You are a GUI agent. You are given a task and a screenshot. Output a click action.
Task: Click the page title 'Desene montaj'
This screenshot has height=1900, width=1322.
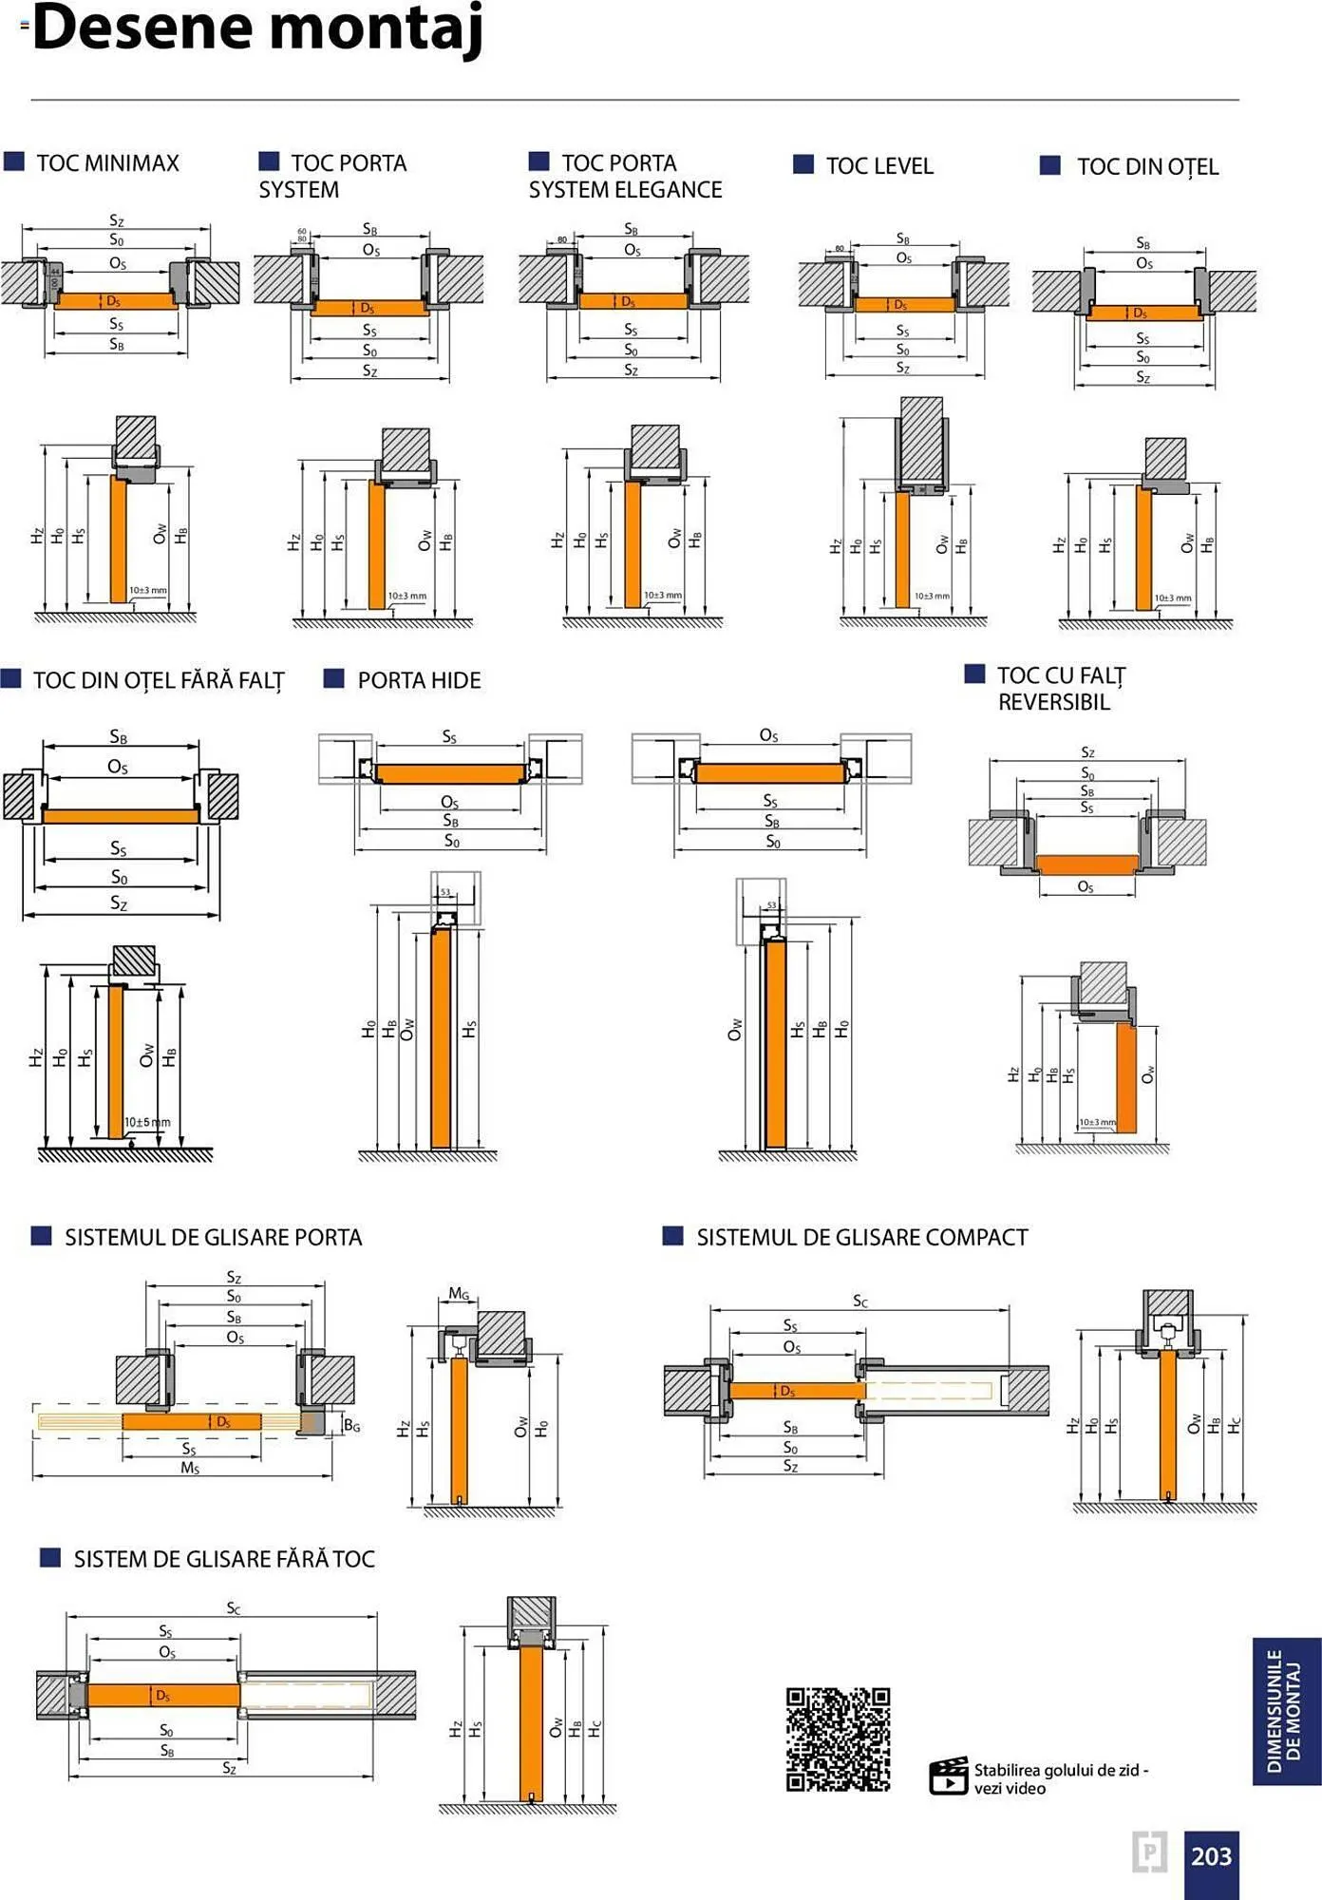[x=257, y=28]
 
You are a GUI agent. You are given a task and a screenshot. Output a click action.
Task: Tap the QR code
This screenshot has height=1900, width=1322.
[x=838, y=1738]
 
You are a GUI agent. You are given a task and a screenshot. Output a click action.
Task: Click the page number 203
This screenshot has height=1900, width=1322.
[x=1211, y=1856]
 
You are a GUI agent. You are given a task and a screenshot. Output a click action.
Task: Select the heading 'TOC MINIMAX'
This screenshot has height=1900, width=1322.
[x=107, y=163]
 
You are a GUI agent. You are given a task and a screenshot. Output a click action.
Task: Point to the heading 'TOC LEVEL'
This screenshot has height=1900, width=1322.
[x=879, y=166]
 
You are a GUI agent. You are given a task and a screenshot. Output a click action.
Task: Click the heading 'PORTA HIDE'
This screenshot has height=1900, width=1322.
[x=419, y=680]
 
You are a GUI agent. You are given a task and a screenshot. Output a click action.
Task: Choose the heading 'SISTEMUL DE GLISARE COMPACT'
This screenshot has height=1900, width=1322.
[x=861, y=1237]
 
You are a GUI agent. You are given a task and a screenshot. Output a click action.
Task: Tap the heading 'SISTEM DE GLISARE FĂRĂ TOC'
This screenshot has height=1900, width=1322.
[x=224, y=1559]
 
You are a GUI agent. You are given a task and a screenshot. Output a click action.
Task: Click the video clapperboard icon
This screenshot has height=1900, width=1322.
[x=948, y=1776]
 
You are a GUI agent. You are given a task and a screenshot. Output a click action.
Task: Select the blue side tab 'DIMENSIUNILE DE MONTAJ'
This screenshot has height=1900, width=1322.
[x=1286, y=1711]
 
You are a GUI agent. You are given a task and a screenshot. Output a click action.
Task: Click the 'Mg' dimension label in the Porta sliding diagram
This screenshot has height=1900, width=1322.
[x=459, y=1293]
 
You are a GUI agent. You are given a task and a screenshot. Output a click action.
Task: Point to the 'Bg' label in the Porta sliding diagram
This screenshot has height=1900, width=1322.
[x=351, y=1425]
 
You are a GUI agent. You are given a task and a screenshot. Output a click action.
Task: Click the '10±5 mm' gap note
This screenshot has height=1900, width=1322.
[x=147, y=1122]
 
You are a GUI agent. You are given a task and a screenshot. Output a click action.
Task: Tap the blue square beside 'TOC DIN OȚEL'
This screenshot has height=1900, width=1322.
[x=1049, y=165]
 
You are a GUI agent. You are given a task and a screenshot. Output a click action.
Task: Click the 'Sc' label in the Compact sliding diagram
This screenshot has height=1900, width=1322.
[x=859, y=1301]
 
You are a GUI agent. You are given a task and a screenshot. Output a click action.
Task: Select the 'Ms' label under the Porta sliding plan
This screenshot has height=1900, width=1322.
[x=190, y=1468]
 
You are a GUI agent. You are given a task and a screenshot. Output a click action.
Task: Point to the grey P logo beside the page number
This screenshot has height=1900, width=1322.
[x=1149, y=1852]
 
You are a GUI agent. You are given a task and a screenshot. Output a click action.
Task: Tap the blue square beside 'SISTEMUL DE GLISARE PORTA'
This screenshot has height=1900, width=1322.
[x=41, y=1235]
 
